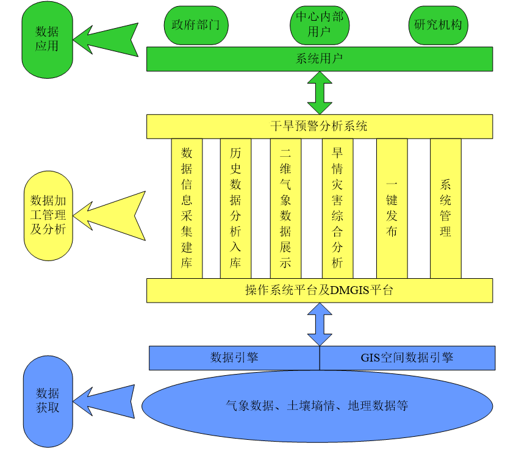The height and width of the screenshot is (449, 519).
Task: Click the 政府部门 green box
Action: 191,25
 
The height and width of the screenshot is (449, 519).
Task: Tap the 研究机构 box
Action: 437,25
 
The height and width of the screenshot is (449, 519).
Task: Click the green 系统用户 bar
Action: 319,59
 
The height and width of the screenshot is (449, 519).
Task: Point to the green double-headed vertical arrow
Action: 319,92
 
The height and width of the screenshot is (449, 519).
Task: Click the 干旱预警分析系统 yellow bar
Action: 319,126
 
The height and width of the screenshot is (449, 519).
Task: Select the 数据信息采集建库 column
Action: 187,208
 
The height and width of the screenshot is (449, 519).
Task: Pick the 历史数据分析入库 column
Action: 235,208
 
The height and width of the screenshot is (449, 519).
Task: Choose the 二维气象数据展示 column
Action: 285,208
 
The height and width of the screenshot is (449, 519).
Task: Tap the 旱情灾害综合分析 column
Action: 337,208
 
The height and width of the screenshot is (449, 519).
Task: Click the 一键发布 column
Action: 392,208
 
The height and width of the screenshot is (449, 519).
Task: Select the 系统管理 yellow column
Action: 445,208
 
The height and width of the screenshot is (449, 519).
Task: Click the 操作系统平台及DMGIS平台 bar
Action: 319,290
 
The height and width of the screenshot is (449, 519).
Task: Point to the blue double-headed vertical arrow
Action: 319,325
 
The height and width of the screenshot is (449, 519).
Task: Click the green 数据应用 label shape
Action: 47,39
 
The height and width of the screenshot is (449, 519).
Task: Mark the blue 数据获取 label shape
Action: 47,401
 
